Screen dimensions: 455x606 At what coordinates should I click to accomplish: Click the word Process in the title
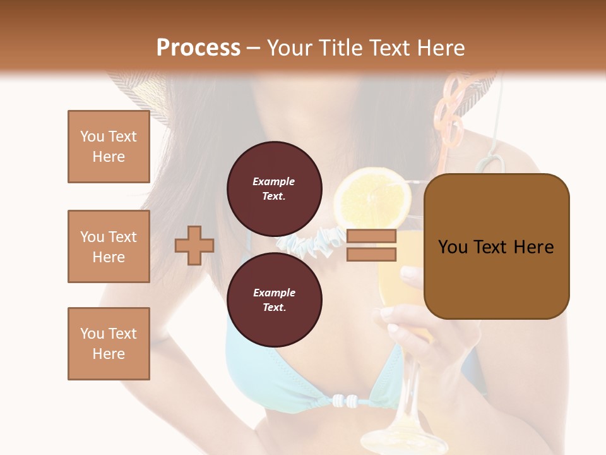click(198, 48)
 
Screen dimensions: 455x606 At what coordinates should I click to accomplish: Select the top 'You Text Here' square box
click(109, 147)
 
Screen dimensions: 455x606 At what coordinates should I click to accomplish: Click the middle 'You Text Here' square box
click(109, 246)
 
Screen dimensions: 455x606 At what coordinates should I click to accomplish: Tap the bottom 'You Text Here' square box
click(109, 344)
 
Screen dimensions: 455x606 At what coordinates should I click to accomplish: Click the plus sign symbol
click(194, 245)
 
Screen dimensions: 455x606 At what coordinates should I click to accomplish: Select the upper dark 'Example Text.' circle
click(274, 188)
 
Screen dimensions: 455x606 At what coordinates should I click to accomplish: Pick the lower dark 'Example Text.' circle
click(274, 300)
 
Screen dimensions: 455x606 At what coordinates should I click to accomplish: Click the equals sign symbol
click(371, 245)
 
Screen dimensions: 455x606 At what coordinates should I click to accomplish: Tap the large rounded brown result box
click(496, 246)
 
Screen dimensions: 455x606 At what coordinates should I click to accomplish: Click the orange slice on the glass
click(372, 197)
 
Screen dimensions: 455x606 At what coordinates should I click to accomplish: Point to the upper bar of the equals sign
click(371, 236)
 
